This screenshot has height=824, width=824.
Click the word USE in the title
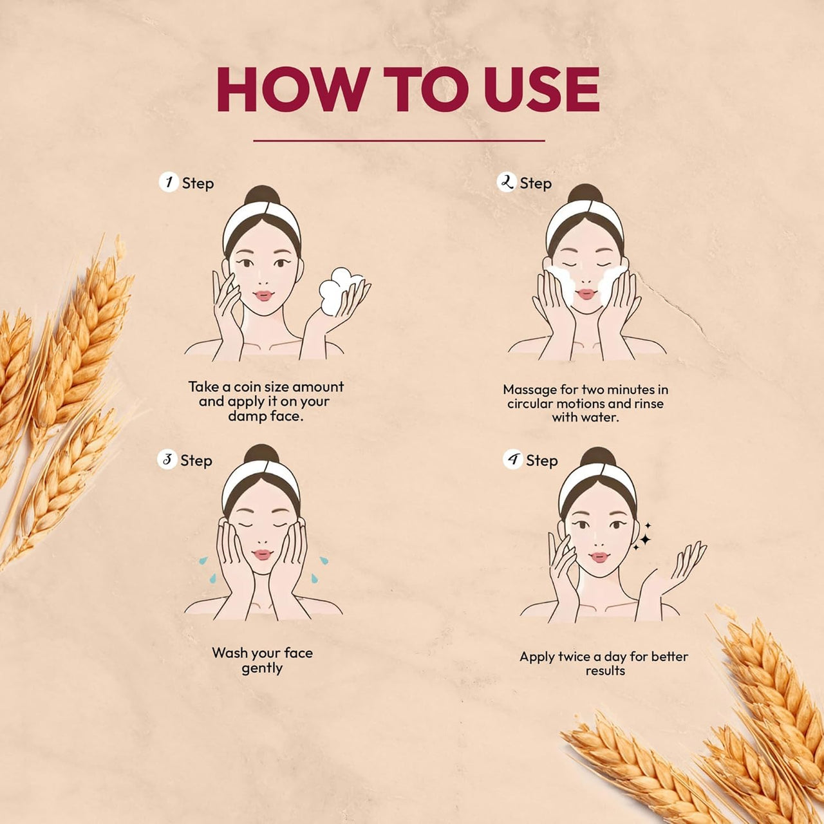point(541,89)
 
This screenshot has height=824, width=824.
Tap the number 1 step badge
point(169,182)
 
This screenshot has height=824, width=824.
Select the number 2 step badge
point(506,182)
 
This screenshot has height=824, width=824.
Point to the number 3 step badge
point(167,460)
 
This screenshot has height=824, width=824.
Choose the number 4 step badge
point(512,460)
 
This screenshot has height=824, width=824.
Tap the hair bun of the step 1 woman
point(262,196)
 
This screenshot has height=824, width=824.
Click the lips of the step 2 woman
point(586,294)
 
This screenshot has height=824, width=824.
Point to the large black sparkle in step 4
point(645,539)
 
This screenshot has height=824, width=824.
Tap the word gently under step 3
point(262,669)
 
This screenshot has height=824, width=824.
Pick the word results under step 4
point(605,671)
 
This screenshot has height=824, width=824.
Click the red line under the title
point(399,140)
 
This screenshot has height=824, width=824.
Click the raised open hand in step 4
point(676,568)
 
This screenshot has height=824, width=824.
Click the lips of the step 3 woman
point(262,555)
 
